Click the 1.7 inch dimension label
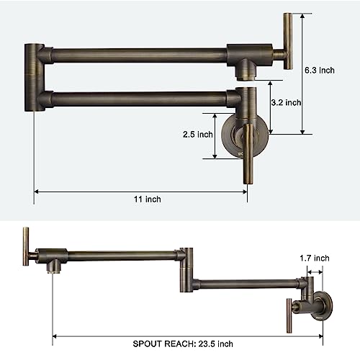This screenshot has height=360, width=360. pyautogui.click(x=315, y=258)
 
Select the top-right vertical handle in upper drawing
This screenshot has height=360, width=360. pyautogui.click(x=287, y=41)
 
